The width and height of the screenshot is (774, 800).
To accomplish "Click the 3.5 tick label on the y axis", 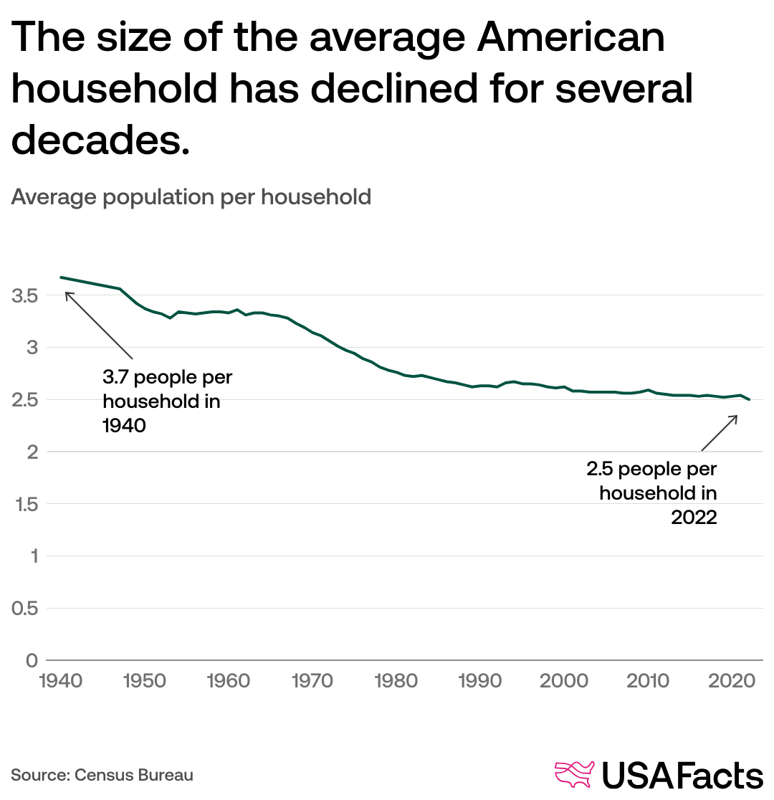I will pyautogui.click(x=24, y=295).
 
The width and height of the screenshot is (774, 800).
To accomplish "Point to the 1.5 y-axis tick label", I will pyautogui.click(x=24, y=504).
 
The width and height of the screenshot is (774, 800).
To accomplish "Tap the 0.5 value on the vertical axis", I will pyautogui.click(x=24, y=609).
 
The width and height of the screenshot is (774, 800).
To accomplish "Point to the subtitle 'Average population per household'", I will pyautogui.click(x=191, y=196).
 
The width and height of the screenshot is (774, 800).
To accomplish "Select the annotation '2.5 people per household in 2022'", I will pyautogui.click(x=652, y=493).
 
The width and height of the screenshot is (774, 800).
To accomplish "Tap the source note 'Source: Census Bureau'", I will pyautogui.click(x=102, y=775).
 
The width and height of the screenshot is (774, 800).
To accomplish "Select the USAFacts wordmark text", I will pyautogui.click(x=682, y=776).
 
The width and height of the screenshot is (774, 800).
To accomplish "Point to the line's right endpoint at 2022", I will pyautogui.click(x=750, y=399).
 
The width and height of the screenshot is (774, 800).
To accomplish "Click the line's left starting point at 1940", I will pyautogui.click(x=60, y=277).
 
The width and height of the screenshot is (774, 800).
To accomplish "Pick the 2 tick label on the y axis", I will pyautogui.click(x=32, y=452).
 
